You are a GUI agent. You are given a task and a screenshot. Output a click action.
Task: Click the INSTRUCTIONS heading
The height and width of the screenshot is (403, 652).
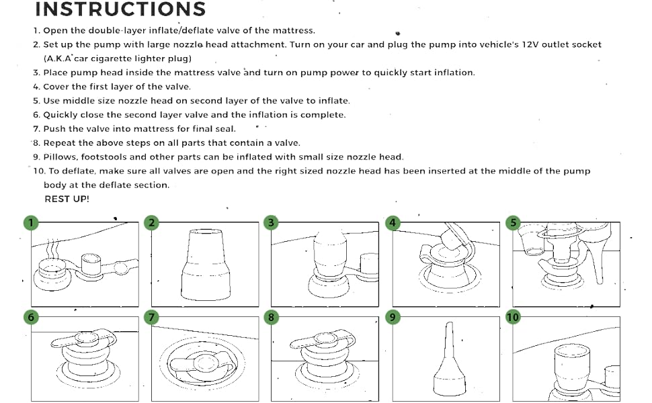click(x=120, y=9)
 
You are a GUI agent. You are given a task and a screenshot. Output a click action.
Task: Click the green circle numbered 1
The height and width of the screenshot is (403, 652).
click(x=30, y=223)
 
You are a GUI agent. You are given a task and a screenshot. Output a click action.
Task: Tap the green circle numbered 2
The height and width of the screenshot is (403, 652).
click(x=153, y=223)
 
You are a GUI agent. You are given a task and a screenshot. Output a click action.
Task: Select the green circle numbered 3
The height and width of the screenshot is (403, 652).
click(x=271, y=223)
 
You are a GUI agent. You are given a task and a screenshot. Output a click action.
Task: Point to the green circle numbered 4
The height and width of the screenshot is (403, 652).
click(x=393, y=223)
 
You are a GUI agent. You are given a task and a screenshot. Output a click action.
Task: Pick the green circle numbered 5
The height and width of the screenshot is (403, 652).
click(x=514, y=223)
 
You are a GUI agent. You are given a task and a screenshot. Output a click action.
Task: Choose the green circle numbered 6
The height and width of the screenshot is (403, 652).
click(x=30, y=317)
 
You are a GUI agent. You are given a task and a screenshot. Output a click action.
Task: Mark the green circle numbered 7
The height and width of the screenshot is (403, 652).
click(x=153, y=317)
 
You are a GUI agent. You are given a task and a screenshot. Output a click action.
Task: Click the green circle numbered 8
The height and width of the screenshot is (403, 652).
click(x=271, y=317)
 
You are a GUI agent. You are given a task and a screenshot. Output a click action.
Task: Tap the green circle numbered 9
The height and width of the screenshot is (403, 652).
click(x=393, y=317)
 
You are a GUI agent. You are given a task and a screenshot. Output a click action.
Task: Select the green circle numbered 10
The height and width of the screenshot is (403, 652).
click(x=514, y=317)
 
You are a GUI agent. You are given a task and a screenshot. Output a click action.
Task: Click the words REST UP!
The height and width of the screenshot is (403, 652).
click(x=67, y=199)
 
